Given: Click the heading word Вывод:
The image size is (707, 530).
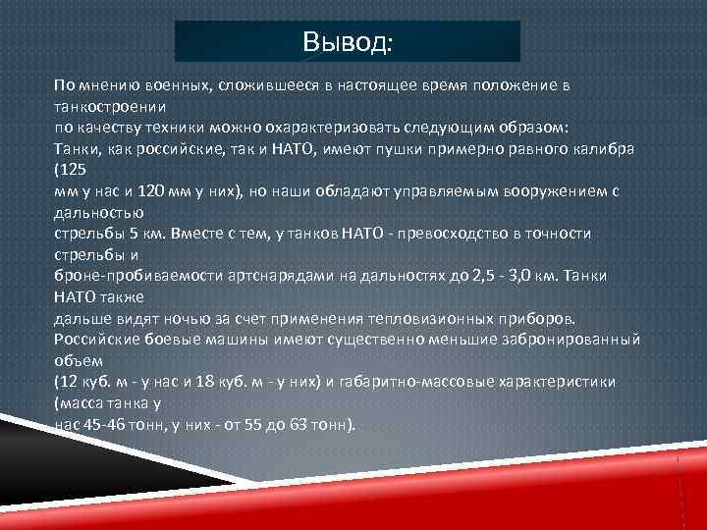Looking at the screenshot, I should tap(347, 42).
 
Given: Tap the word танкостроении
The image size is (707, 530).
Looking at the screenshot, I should tap(110, 106).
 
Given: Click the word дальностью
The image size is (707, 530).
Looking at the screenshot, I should tap(99, 212).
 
